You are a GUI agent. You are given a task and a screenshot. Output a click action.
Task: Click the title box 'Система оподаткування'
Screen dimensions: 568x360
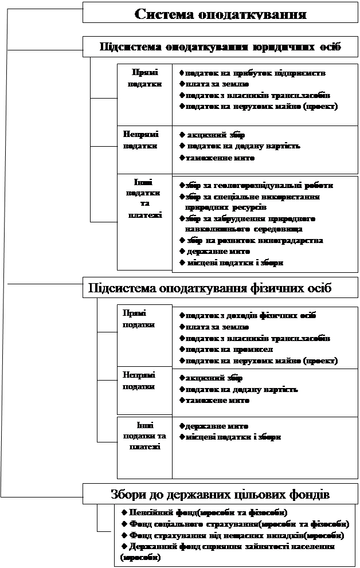tap(220, 13)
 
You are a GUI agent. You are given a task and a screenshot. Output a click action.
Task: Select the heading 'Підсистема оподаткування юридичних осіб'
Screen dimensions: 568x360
tap(220, 46)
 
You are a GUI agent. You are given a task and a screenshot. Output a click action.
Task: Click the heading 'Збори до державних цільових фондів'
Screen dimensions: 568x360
tap(220, 493)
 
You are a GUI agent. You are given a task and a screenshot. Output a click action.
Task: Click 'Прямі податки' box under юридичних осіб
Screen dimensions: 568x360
tap(144, 78)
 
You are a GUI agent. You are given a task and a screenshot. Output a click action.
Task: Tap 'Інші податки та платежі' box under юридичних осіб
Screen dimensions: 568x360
tap(144, 198)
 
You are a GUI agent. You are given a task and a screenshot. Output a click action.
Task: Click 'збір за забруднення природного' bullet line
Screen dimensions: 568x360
tap(251, 219)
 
